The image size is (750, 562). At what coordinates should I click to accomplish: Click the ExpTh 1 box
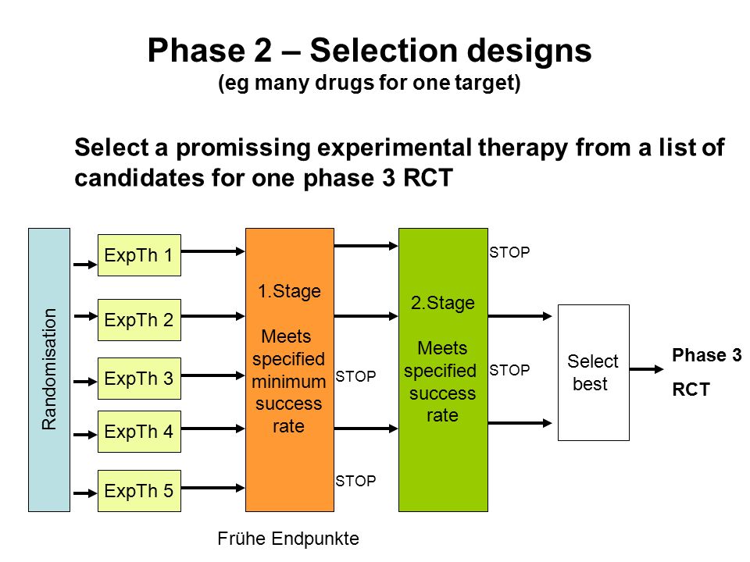pyautogui.click(x=139, y=255)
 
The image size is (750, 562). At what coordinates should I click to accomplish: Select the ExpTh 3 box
pyautogui.click(x=139, y=379)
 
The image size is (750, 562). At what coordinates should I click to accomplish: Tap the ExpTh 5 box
pyautogui.click(x=139, y=491)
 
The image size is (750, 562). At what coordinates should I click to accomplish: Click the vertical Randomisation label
pyautogui.click(x=49, y=369)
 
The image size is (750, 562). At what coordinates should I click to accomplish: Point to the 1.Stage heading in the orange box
pyautogui.click(x=289, y=291)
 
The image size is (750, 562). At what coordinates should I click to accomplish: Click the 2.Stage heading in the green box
pyautogui.click(x=443, y=303)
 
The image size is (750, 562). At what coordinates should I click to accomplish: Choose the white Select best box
pyautogui.click(x=594, y=373)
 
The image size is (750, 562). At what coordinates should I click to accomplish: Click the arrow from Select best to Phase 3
pyautogui.click(x=647, y=369)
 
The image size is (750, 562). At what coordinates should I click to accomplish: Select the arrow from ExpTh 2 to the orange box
pyautogui.click(x=212, y=316)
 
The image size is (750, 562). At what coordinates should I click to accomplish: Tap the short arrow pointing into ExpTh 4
pyautogui.click(x=85, y=435)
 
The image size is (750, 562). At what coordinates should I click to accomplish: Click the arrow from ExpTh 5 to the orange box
pyautogui.click(x=212, y=487)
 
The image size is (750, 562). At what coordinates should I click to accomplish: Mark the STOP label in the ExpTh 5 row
pyautogui.click(x=355, y=481)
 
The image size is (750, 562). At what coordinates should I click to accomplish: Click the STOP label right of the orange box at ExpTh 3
pyautogui.click(x=355, y=376)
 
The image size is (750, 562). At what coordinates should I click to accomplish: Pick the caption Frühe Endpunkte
pyautogui.click(x=288, y=539)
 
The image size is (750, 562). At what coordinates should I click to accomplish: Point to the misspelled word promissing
pyautogui.click(x=244, y=148)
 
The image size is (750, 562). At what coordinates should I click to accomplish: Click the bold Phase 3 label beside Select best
pyautogui.click(x=707, y=355)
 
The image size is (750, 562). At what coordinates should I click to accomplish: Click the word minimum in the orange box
pyautogui.click(x=289, y=382)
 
